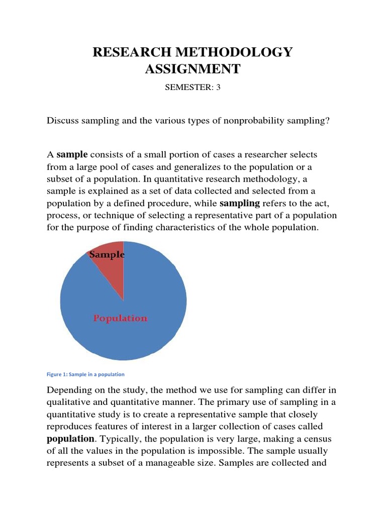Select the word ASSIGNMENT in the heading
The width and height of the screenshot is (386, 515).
[x=193, y=69]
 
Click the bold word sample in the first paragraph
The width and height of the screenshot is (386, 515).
[x=72, y=154]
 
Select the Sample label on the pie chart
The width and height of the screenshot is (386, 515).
[x=107, y=255]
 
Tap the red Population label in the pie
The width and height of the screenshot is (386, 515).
[x=121, y=318]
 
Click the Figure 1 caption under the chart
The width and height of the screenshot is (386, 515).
[x=85, y=375]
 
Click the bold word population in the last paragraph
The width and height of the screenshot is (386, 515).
[x=70, y=439]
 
